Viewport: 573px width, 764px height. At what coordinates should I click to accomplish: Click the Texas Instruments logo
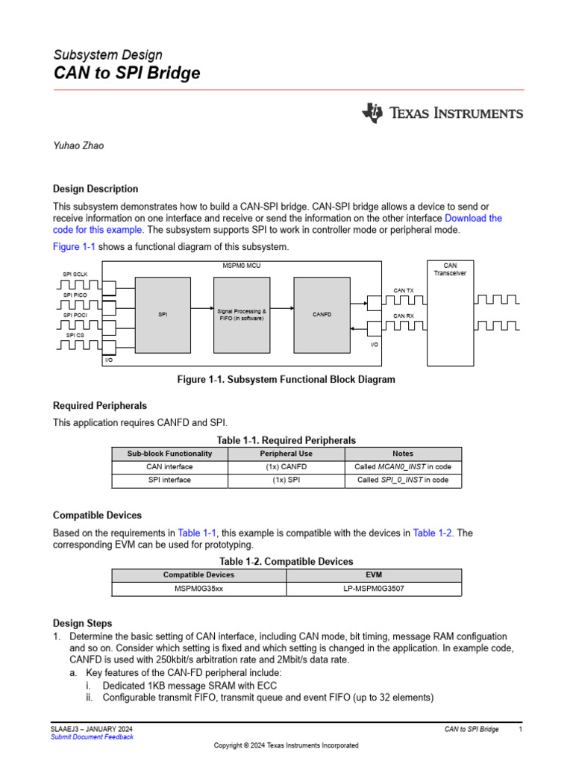tap(442, 113)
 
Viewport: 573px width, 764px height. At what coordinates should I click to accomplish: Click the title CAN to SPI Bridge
tap(126, 73)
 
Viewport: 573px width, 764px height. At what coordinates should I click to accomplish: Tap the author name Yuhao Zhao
tap(78, 145)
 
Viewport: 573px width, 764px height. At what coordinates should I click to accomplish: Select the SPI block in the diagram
tap(163, 315)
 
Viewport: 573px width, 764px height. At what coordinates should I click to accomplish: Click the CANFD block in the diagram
tap(322, 315)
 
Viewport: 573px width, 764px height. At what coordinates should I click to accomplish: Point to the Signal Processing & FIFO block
tap(241, 315)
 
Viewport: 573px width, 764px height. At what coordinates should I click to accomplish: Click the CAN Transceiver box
tap(450, 313)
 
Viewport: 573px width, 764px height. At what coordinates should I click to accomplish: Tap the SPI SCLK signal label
tap(75, 275)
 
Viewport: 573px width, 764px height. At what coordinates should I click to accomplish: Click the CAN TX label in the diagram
tap(404, 289)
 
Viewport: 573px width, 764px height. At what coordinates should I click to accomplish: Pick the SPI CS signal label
tap(75, 335)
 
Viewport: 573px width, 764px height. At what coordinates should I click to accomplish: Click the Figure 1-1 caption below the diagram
tap(286, 380)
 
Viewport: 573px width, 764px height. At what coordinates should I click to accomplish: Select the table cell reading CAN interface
tap(169, 467)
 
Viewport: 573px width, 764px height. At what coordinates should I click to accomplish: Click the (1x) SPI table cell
tap(286, 480)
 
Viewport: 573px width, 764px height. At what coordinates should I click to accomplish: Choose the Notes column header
tap(403, 454)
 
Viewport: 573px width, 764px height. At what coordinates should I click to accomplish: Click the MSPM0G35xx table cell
tap(198, 589)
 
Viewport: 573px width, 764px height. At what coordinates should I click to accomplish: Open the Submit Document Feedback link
tap(92, 737)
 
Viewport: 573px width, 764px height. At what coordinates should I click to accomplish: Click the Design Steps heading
tap(83, 623)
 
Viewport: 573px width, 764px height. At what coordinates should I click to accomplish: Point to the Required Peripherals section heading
tap(99, 406)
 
